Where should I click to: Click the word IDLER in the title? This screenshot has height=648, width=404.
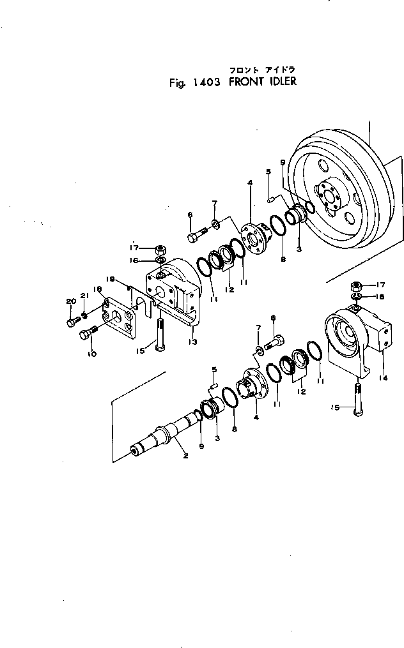[x=280, y=82]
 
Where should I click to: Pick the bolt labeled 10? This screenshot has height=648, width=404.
[x=86, y=333]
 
